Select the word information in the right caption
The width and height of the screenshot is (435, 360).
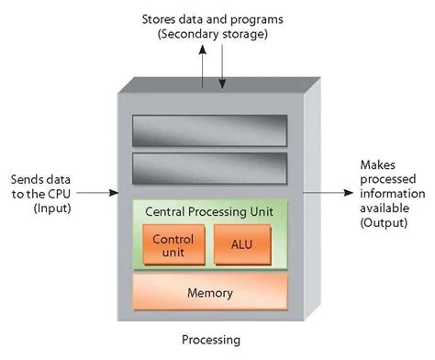(390, 194)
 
